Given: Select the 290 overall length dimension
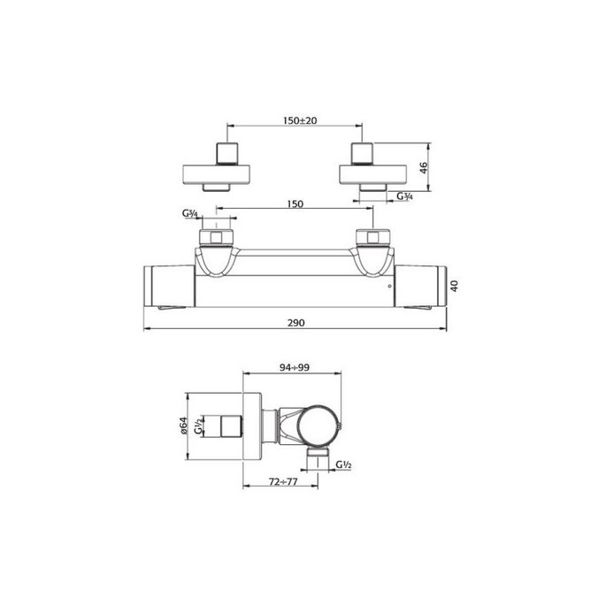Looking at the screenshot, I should [295, 324].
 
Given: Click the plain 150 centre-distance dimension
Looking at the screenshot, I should [295, 204].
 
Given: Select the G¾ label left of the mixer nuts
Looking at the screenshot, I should [189, 214].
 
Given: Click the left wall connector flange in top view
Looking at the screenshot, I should [218, 172].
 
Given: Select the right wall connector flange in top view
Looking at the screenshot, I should [373, 172].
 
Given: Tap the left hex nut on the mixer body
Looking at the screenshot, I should [217, 237].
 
